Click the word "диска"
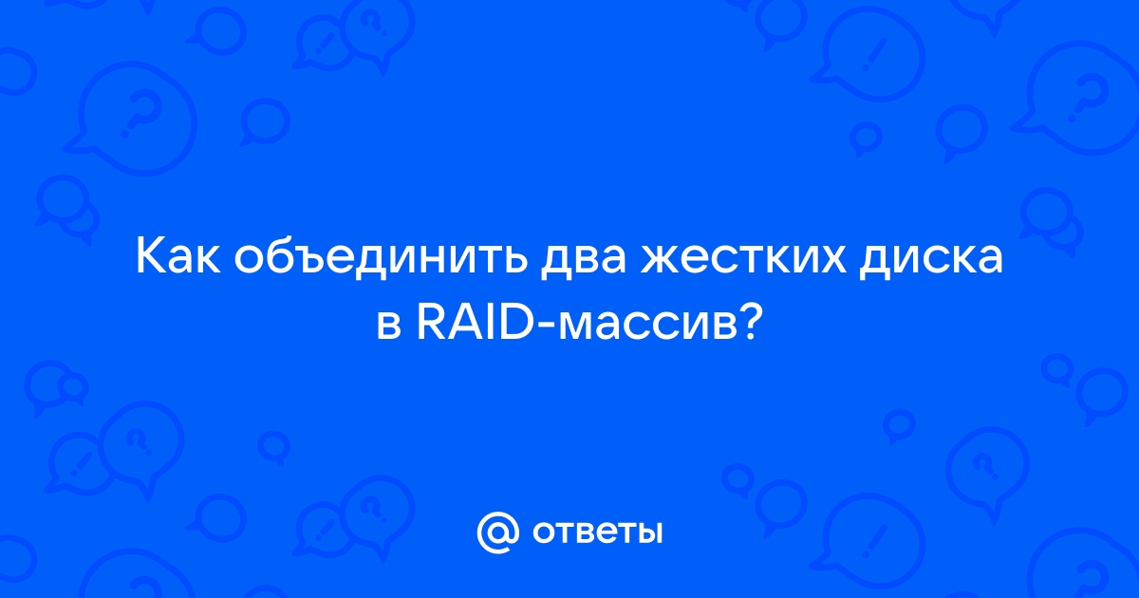pos(931,260)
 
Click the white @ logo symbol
pos(497,532)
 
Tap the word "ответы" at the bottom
pos(597,533)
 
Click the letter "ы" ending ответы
pos(649,533)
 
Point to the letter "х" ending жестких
pos(833,260)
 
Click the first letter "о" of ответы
pos(544,533)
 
